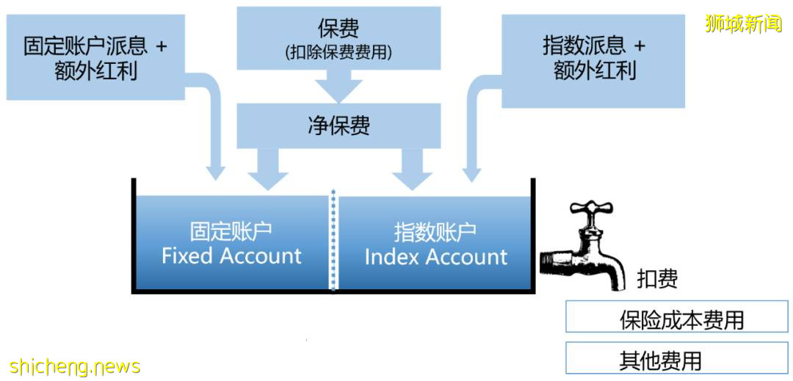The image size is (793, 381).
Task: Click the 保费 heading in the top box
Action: point(338,29)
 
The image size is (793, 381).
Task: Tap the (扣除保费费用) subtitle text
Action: point(338,53)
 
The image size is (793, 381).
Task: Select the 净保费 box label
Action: point(338,125)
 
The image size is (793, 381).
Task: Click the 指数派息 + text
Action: point(593,46)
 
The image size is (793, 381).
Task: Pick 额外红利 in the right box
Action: point(593,70)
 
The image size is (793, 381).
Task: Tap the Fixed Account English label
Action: point(231,256)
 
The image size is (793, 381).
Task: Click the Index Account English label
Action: point(435,257)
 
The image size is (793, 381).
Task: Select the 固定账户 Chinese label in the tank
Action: point(231,232)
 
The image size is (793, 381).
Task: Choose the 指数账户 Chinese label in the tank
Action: point(435,232)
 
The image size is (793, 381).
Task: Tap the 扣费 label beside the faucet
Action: point(656,279)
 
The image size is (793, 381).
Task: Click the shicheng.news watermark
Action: point(75,366)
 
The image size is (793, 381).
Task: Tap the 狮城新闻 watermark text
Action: point(743,23)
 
